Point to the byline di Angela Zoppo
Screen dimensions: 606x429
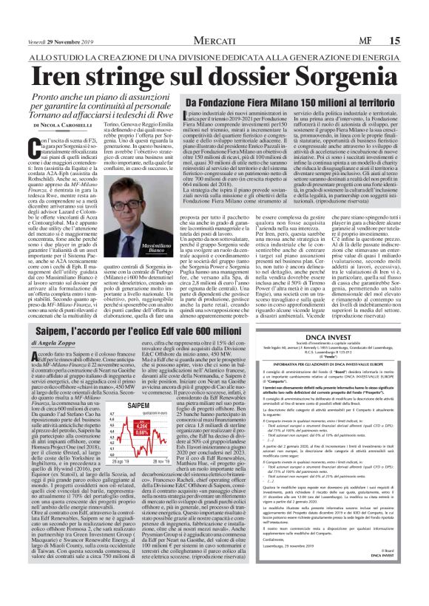tap(50, 347)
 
